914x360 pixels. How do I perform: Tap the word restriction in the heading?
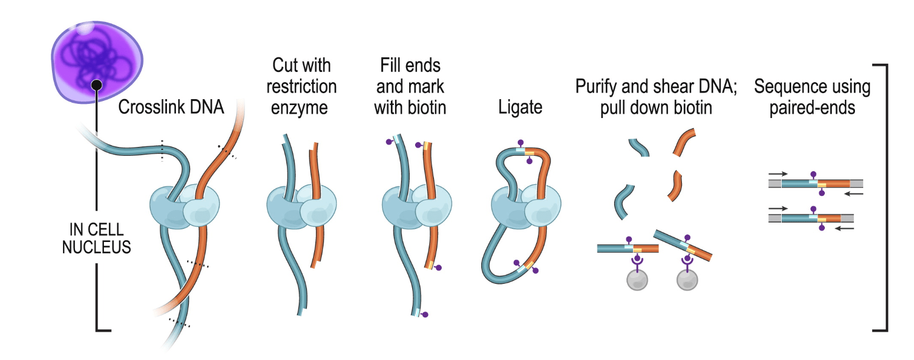(301, 87)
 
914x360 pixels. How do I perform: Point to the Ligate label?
(520, 109)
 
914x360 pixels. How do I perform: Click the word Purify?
(596, 87)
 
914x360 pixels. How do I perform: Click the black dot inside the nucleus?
(97, 86)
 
